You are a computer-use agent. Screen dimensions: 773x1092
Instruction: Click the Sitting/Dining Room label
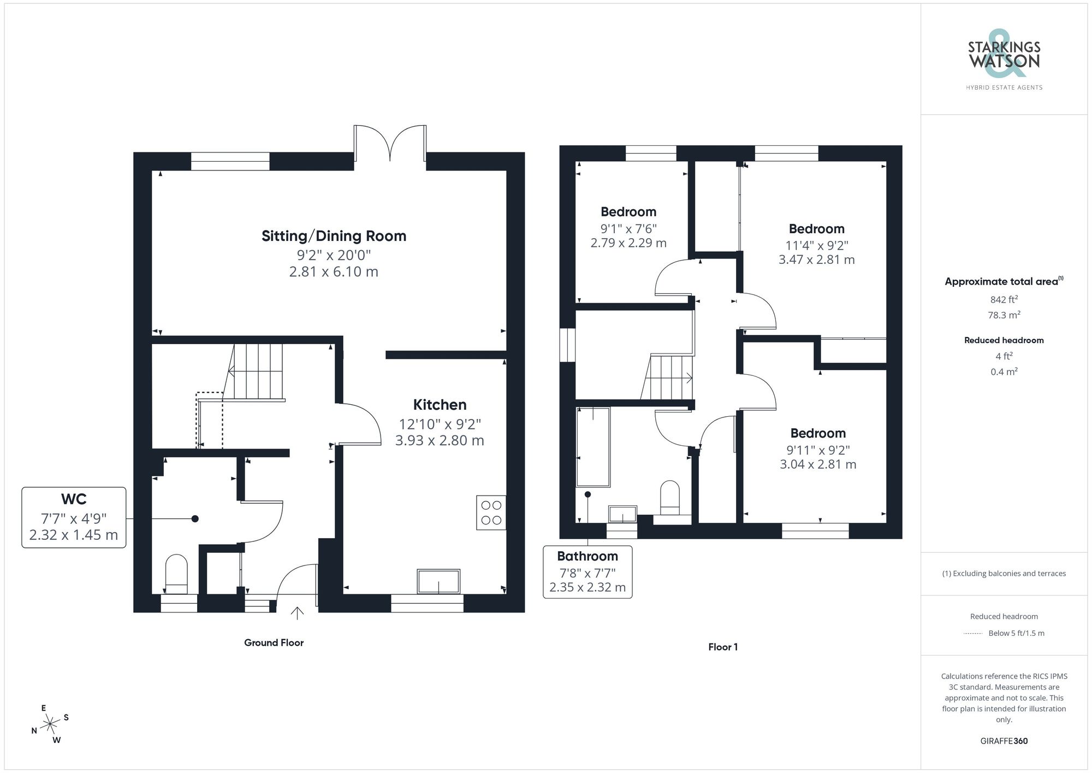(x=334, y=236)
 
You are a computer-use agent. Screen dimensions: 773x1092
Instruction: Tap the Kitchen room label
(x=440, y=405)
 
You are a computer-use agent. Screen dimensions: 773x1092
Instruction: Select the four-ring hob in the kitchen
(x=491, y=512)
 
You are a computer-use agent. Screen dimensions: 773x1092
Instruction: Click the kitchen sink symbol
(x=438, y=581)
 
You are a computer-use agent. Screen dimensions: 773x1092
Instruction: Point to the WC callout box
(x=74, y=517)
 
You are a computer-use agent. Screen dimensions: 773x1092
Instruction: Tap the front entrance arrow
(x=297, y=613)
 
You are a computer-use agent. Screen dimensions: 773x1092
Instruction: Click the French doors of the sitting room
(x=390, y=143)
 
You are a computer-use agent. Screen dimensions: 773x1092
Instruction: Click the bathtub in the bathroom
(x=593, y=446)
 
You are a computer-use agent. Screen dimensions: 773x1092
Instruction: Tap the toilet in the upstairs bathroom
(x=670, y=497)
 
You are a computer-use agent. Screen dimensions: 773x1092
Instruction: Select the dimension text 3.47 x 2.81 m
(x=816, y=260)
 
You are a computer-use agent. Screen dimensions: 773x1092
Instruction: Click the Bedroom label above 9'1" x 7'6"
(x=628, y=212)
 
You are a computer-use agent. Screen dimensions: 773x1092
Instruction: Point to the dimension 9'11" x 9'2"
(x=817, y=450)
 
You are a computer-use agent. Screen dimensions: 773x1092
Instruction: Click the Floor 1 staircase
(x=669, y=377)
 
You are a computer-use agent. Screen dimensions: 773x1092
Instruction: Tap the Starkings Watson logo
(x=1004, y=60)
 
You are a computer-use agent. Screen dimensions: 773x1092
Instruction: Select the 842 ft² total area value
(x=1004, y=299)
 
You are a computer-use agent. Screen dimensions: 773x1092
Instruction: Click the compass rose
(x=50, y=724)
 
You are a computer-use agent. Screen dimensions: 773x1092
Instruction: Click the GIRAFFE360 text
(x=1004, y=741)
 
